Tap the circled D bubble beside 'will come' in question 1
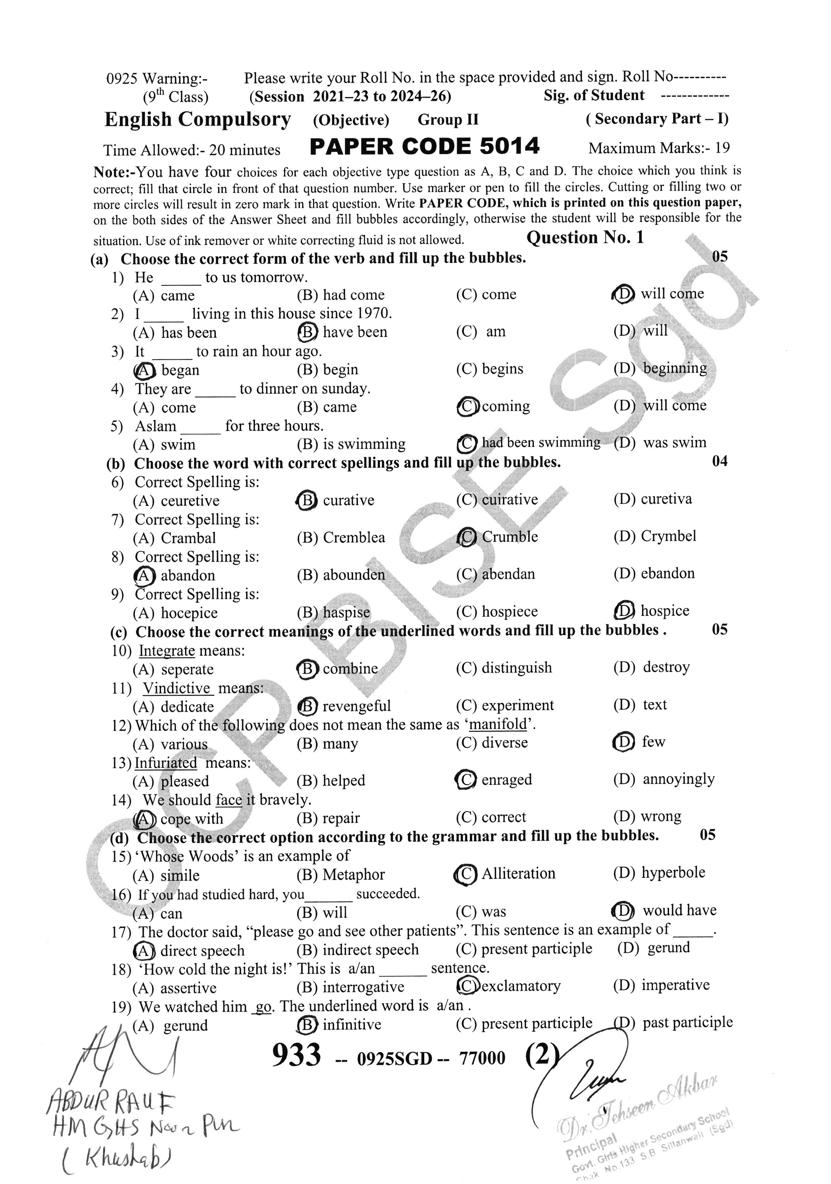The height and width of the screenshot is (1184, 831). (x=623, y=295)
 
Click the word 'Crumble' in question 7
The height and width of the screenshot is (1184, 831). (x=510, y=537)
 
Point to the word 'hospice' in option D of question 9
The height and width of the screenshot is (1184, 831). (x=664, y=611)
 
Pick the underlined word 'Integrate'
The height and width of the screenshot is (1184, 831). (x=167, y=651)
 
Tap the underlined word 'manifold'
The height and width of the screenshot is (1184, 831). (x=498, y=725)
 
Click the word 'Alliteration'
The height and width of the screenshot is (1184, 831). (x=518, y=873)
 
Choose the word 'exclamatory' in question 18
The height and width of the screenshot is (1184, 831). (x=521, y=986)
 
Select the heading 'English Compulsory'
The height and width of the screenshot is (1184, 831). (x=198, y=120)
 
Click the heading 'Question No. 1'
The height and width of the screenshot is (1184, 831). (x=585, y=238)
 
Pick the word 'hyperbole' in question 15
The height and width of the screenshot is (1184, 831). (x=672, y=872)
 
